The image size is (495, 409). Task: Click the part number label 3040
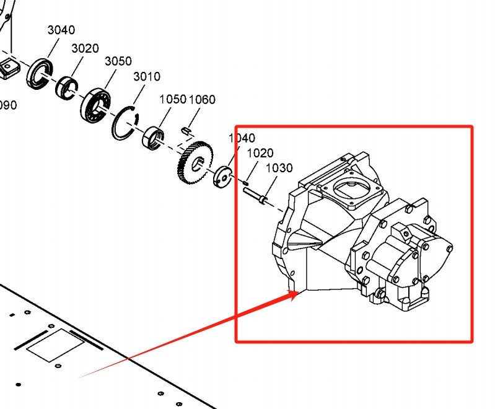click(61, 30)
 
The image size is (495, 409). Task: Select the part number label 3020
click(85, 48)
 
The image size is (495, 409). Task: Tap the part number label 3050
click(118, 61)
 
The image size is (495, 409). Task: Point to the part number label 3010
click(147, 77)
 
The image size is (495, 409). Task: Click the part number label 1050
click(173, 99)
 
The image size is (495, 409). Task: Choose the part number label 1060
click(202, 99)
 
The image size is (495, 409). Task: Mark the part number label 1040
click(242, 138)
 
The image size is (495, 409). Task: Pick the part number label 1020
click(260, 153)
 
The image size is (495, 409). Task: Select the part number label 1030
click(279, 168)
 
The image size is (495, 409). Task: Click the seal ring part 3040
click(40, 73)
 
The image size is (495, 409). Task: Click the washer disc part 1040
click(222, 177)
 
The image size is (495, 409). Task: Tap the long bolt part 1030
click(255, 195)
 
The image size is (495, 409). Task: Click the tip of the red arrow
click(300, 292)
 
